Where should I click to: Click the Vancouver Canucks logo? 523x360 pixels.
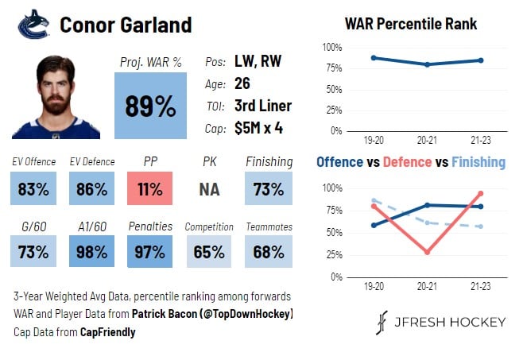click(33, 25)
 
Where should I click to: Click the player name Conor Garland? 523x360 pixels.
click(126, 25)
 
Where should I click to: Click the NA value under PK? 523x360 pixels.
click(209, 189)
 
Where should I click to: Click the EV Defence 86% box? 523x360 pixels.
click(91, 189)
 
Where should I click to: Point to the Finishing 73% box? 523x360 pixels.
click(269, 189)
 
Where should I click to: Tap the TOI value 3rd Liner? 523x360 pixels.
click(262, 105)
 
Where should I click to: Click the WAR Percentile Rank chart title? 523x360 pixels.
click(411, 24)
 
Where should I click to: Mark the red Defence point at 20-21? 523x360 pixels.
click(428, 252)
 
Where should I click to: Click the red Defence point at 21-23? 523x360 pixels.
click(481, 193)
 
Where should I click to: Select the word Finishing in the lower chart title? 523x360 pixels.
click(478, 162)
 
